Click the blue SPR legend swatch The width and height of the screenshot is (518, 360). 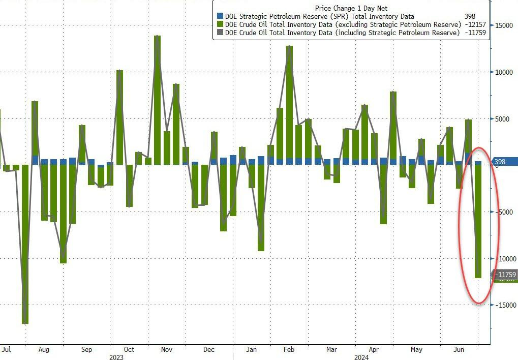click(220, 17)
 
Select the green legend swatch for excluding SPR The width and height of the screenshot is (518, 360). click(220, 24)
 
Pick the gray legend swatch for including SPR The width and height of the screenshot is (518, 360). click(220, 33)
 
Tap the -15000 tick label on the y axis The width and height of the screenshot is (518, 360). click(505, 305)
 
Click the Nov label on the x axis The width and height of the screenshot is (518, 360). click(167, 350)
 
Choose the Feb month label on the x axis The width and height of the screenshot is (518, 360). click(289, 350)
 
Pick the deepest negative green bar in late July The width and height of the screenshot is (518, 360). click(25, 244)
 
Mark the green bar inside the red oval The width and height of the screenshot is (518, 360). click(478, 221)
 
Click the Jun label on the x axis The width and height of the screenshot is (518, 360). click(459, 350)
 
